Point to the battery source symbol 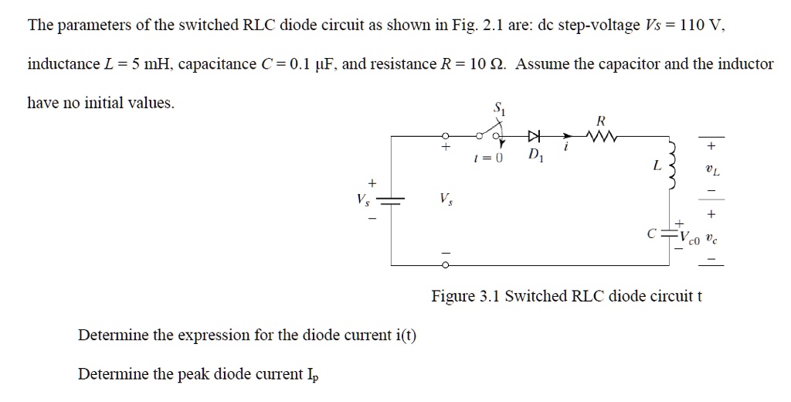[392, 200]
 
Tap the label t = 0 [492, 158]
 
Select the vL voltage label [711, 169]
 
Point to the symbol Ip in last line [312, 376]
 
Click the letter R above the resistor [602, 121]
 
